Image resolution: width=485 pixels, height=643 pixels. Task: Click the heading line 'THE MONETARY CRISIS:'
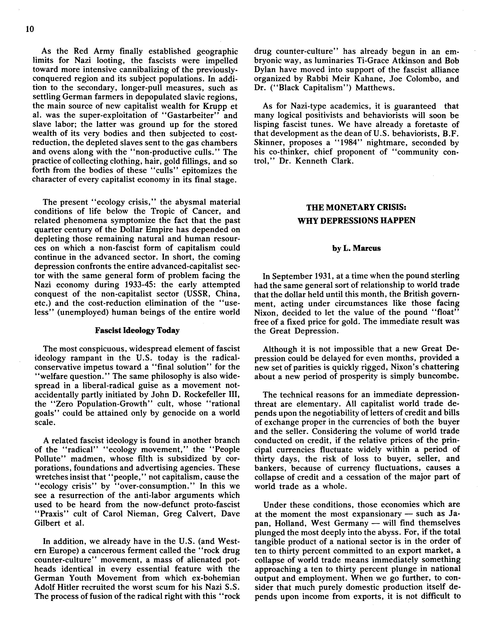[356, 208]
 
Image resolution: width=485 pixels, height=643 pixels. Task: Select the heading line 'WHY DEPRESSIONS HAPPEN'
[356, 221]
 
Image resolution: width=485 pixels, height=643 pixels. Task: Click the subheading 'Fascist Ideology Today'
[137, 331]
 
